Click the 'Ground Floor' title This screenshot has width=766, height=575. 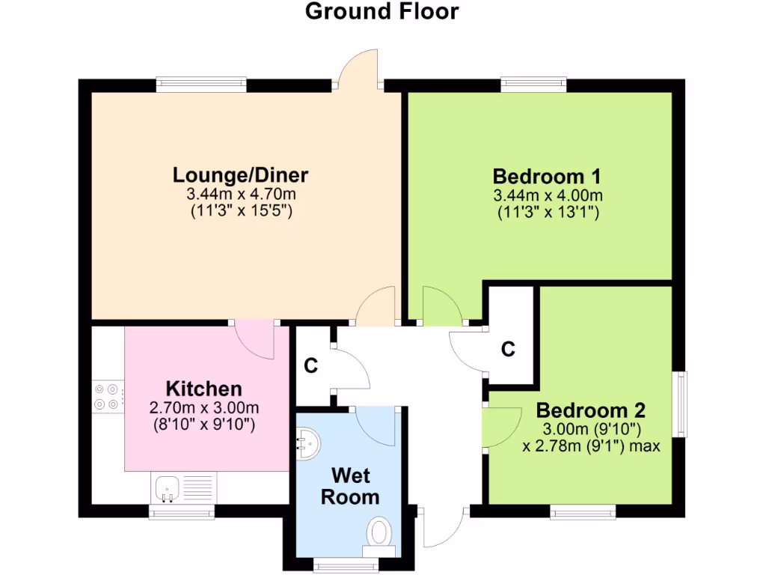(382, 12)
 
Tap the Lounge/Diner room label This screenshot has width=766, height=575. (240, 175)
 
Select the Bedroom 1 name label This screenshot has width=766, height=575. (547, 177)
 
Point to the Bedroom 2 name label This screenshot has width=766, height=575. (590, 410)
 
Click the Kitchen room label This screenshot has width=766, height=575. (203, 389)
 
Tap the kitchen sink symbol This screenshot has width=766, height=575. (166, 489)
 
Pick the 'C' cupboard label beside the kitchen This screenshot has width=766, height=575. (311, 366)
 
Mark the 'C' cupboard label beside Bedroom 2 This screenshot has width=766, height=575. (508, 349)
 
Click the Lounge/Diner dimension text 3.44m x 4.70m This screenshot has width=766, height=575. (240, 195)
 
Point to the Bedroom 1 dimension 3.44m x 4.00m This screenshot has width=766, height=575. (548, 196)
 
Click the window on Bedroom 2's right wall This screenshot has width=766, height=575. (681, 404)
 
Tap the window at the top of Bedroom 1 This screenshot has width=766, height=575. (533, 84)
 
